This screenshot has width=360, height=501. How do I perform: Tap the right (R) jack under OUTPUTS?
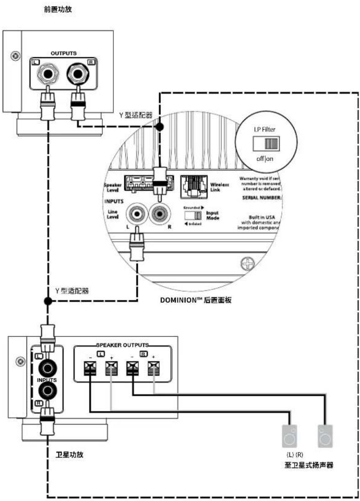click(x=77, y=73)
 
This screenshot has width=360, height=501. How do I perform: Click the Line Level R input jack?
click(x=160, y=214)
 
